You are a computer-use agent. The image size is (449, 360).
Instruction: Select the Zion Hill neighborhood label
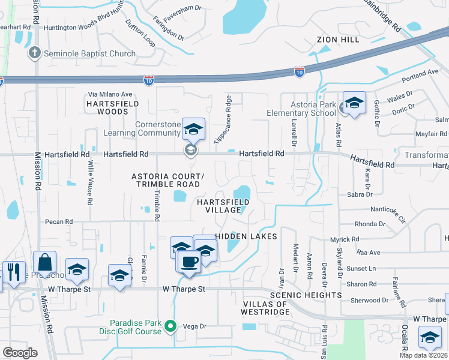[338, 40]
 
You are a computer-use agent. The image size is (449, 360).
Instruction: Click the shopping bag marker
[45, 263]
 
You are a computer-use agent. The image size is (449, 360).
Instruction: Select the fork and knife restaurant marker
[13, 272]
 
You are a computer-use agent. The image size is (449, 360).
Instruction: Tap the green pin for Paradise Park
[170, 327]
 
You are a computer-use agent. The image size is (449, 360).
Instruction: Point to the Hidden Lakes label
[246, 236]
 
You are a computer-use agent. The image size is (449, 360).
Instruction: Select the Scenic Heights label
[305, 295]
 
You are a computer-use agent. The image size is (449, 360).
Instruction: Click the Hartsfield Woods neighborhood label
[104, 107]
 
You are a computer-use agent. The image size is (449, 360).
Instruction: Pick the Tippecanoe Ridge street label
[222, 119]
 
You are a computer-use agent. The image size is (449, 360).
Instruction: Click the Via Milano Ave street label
[110, 94]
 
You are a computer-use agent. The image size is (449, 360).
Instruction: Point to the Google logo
[20, 353]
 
